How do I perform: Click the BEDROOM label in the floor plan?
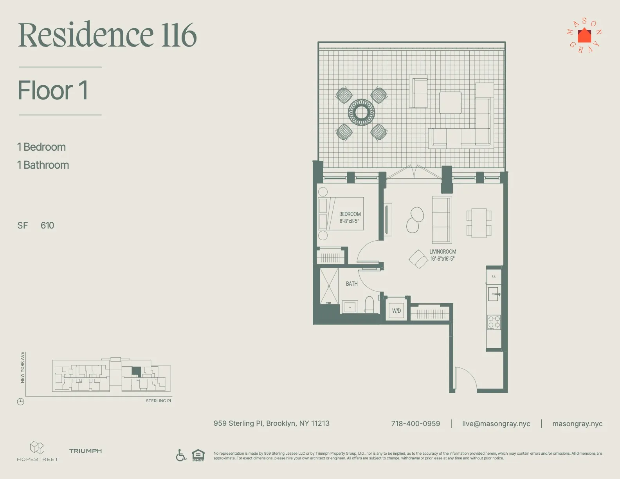pos(350,214)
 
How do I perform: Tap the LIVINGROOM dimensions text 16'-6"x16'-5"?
pos(442,259)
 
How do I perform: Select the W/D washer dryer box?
pos(397,311)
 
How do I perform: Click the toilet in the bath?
pos(369,304)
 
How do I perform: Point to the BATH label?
pos(351,284)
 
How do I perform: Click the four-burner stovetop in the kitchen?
pos(494,322)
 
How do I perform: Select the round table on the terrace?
pos(361,112)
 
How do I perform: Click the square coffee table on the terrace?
pos(450,103)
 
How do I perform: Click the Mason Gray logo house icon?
pos(584,36)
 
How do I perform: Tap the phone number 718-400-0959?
pos(415,424)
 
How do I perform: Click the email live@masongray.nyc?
pos(496,424)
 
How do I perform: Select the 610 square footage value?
pos(47,225)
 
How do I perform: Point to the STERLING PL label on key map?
pos(159,401)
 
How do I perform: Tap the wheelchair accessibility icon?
pos(181,455)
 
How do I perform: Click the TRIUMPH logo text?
pos(85,451)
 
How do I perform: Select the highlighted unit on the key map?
pos(136,371)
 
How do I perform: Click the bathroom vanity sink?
pos(350,307)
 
